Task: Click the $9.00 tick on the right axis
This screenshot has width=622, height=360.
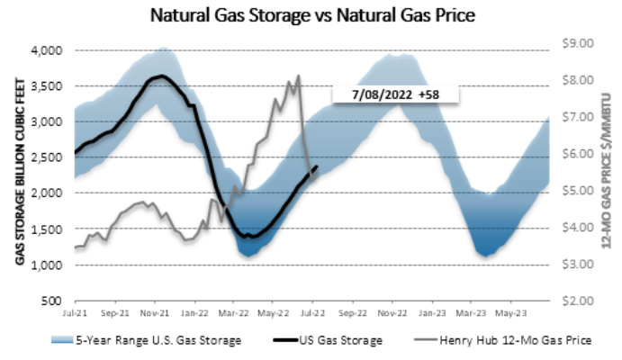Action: coord(576,43)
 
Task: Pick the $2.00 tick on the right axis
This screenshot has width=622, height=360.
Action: coord(576,301)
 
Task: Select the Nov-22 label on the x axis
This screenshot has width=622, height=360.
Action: coord(389,315)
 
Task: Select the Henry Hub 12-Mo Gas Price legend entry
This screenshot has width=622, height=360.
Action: coord(491,340)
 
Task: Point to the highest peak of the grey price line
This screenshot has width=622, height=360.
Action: coord(298,76)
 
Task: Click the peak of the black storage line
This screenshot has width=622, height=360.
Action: coord(160,76)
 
